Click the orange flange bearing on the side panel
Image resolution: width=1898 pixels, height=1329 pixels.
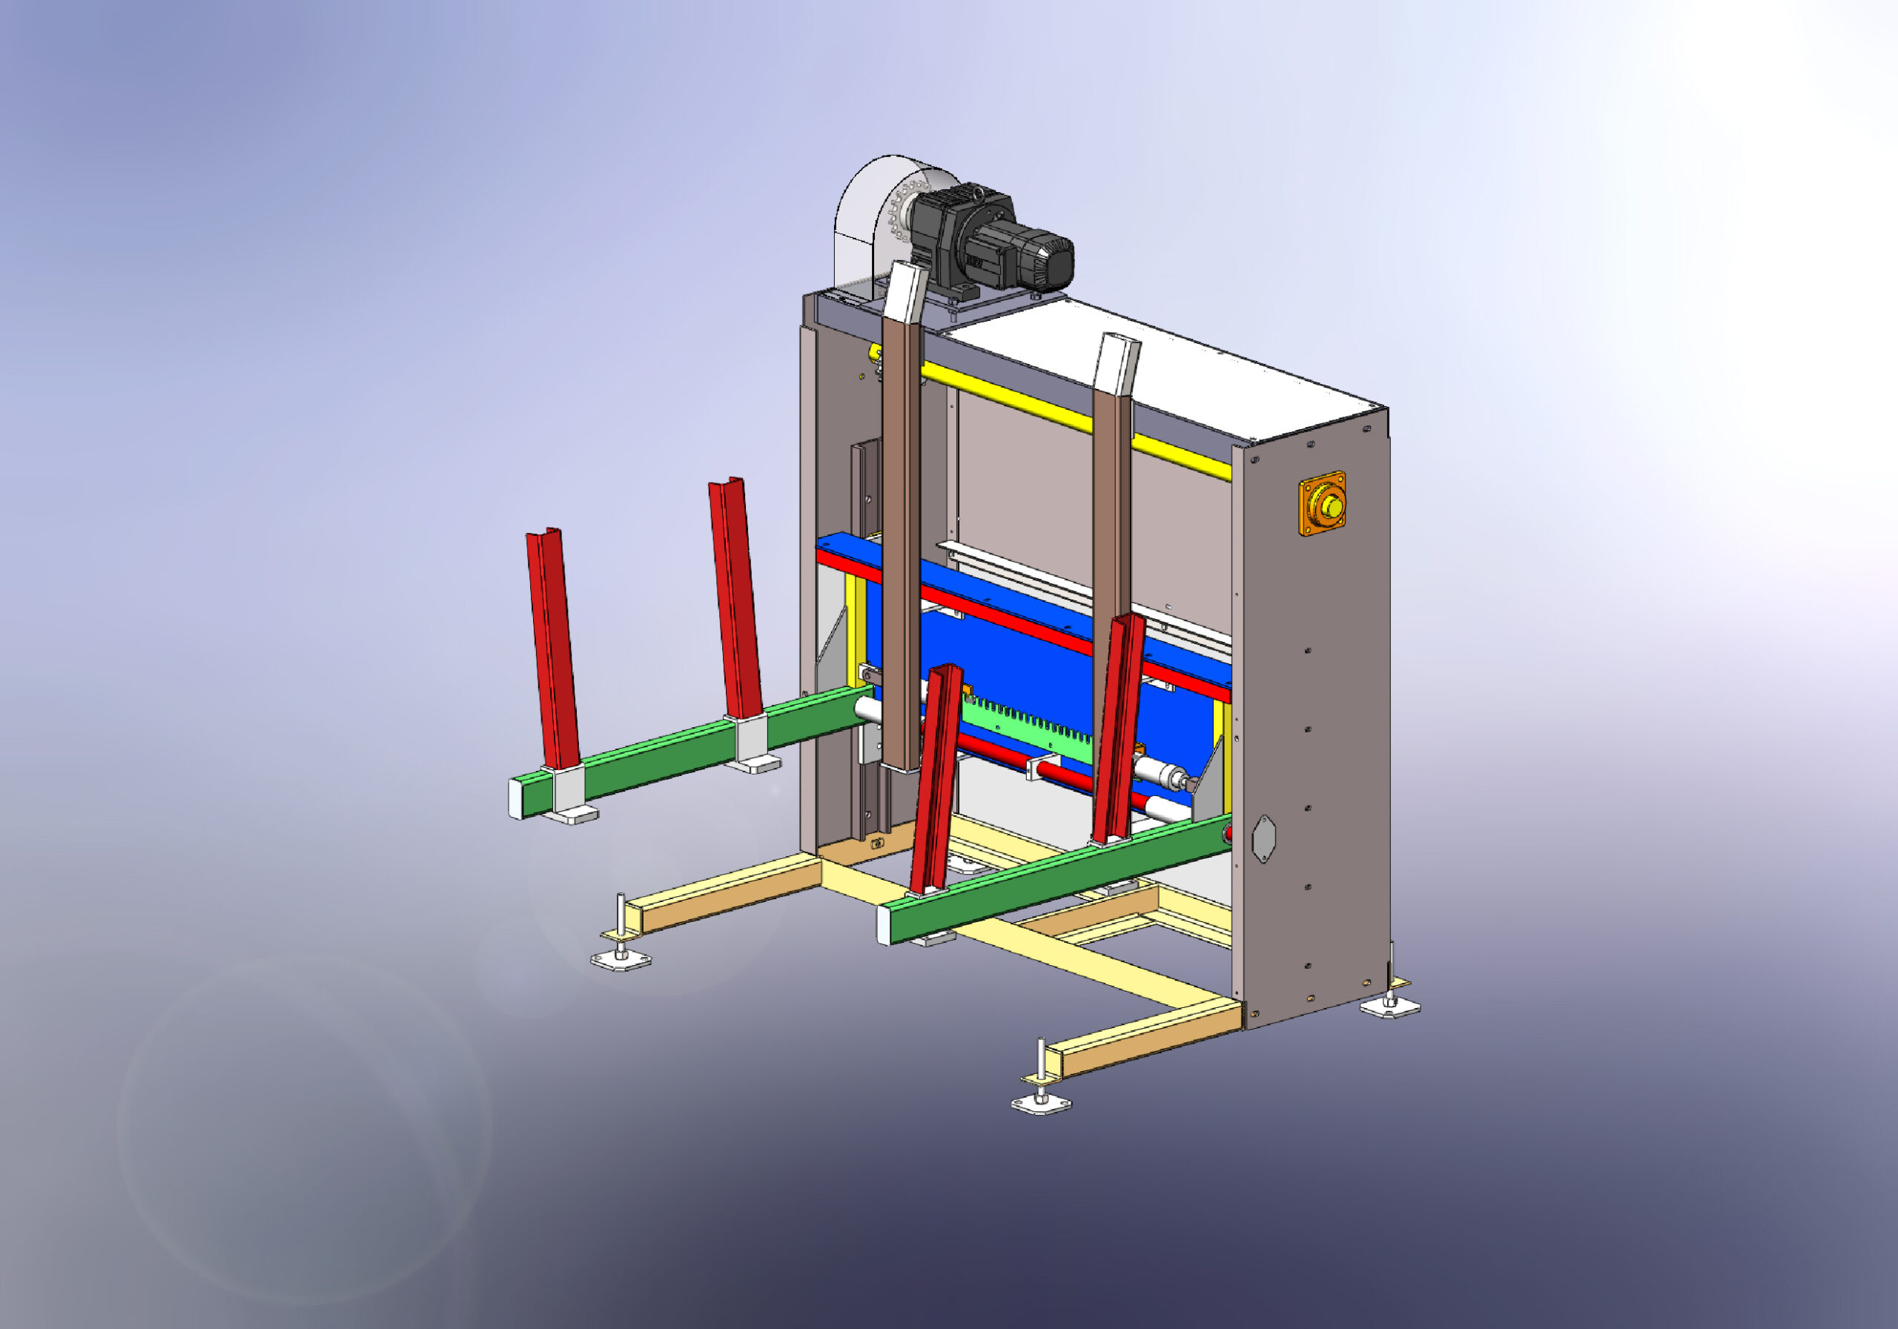tap(1322, 503)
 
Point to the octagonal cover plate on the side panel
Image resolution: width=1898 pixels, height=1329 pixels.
tap(1264, 838)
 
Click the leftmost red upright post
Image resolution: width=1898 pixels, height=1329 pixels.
tap(552, 649)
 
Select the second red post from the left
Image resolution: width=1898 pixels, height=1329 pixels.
tap(735, 599)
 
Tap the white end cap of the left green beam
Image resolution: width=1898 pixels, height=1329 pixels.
tap(516, 798)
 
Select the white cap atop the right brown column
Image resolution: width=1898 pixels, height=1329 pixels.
tap(1117, 365)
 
